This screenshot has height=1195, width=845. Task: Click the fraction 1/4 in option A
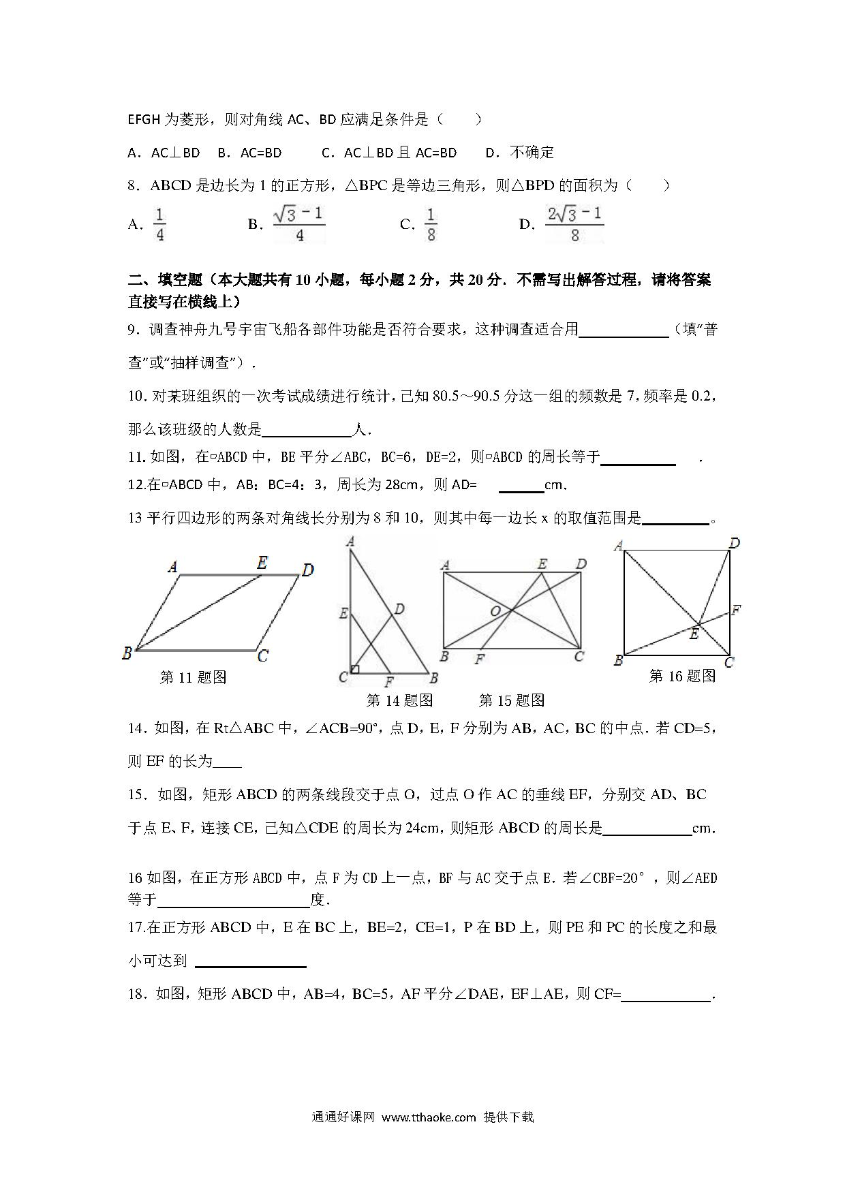point(159,225)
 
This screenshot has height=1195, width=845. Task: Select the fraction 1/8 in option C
point(431,225)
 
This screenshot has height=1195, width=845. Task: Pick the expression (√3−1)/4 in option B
point(299,225)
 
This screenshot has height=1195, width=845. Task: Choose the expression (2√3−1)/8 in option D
point(574,225)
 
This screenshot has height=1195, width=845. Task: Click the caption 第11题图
point(193,677)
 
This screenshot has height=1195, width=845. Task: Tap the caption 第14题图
point(399,700)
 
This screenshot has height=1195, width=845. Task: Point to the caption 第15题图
point(512,700)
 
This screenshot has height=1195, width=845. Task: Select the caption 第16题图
point(682,676)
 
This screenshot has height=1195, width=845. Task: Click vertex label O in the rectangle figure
point(495,612)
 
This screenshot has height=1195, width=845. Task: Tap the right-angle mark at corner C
point(355,669)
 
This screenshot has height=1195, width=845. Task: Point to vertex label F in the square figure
point(736,610)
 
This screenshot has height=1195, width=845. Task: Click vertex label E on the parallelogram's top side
point(262,563)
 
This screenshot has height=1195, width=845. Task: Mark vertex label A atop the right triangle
point(350,542)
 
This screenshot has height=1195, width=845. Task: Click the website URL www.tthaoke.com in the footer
point(429,1117)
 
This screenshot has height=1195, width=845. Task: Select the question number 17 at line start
point(135,927)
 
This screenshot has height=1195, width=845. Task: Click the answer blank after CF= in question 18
point(666,995)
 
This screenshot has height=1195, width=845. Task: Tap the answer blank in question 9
point(624,330)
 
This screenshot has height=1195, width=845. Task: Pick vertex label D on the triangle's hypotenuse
point(399,608)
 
